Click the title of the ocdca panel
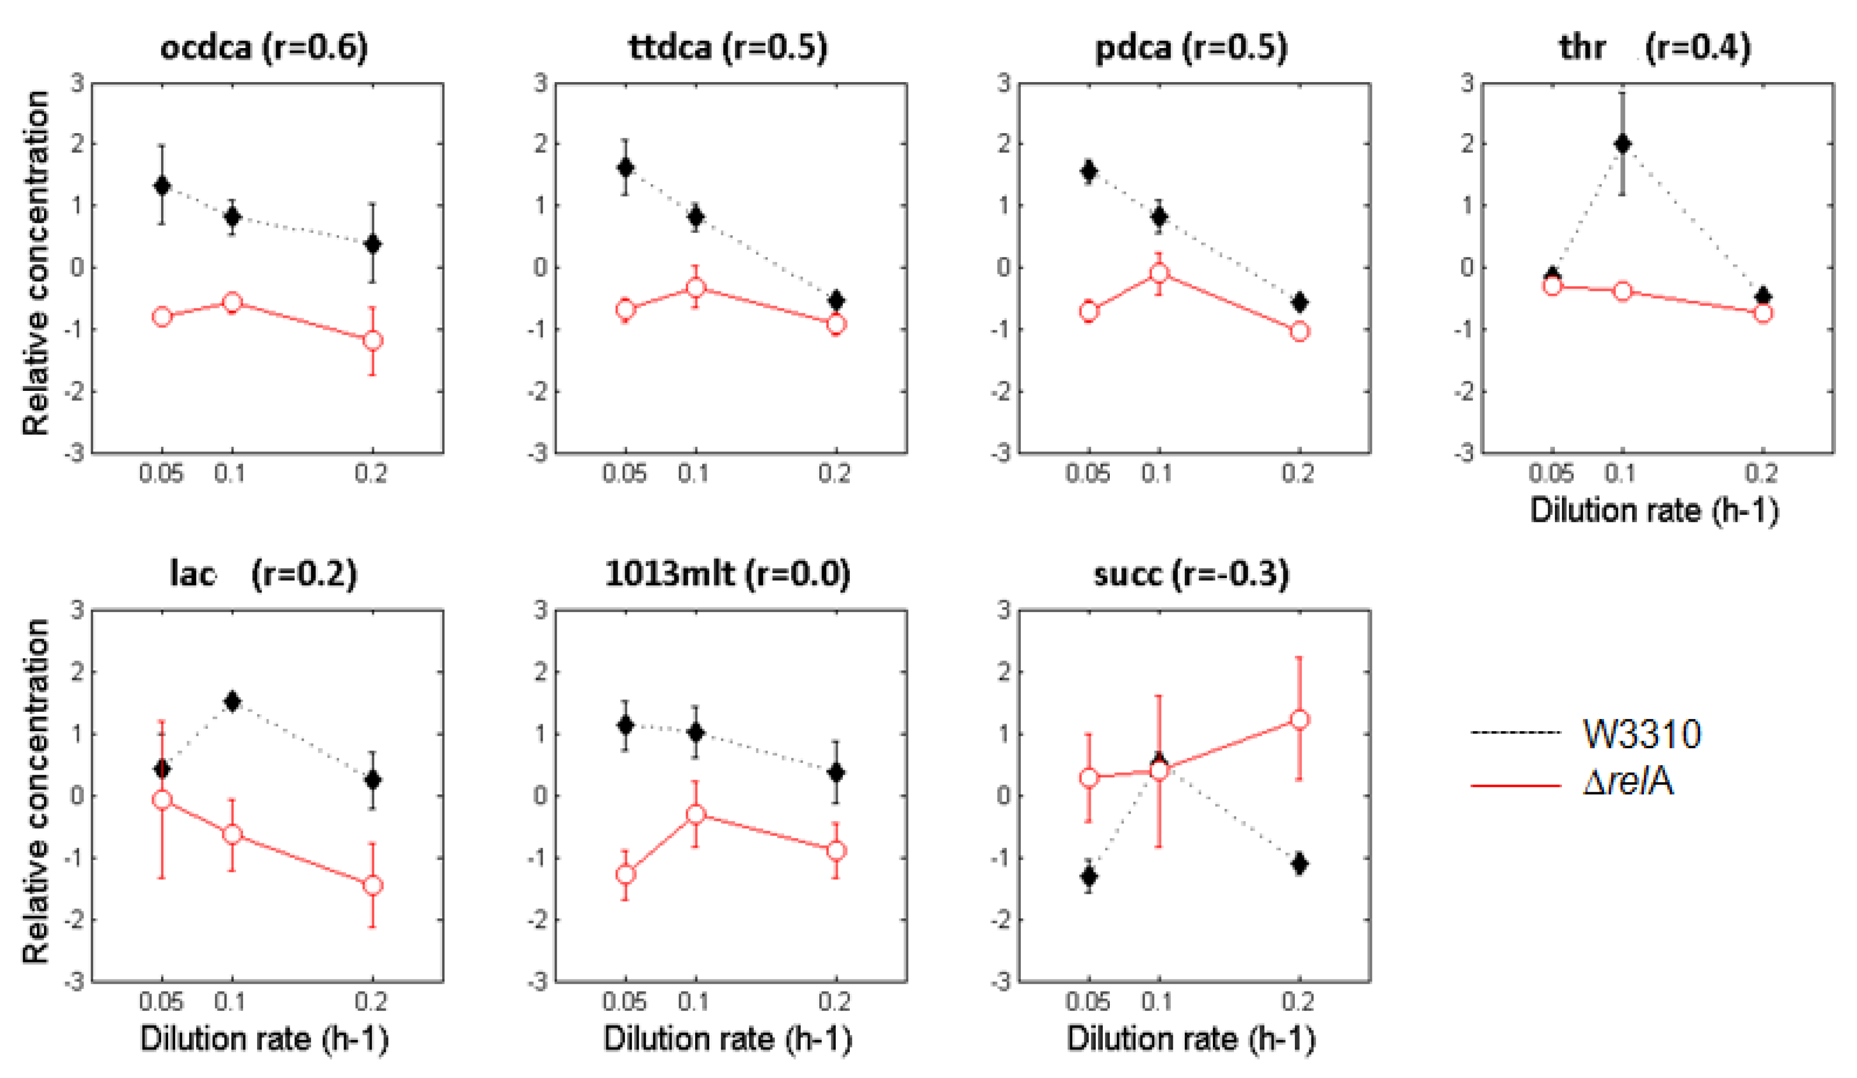click(x=264, y=47)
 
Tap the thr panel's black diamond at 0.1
click(x=1622, y=144)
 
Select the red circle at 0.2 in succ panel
click(x=1300, y=720)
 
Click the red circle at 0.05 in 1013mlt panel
click(x=626, y=874)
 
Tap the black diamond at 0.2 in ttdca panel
click(x=836, y=301)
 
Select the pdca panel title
click(x=1191, y=47)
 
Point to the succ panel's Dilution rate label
click(x=1190, y=1039)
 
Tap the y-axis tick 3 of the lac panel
click(x=78, y=610)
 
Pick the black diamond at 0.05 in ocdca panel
click(x=162, y=186)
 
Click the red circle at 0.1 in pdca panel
click(x=1159, y=274)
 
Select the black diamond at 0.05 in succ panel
click(x=1088, y=876)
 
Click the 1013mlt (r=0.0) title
click(x=727, y=573)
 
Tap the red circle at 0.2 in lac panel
click(x=373, y=885)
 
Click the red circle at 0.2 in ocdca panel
click(x=373, y=341)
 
